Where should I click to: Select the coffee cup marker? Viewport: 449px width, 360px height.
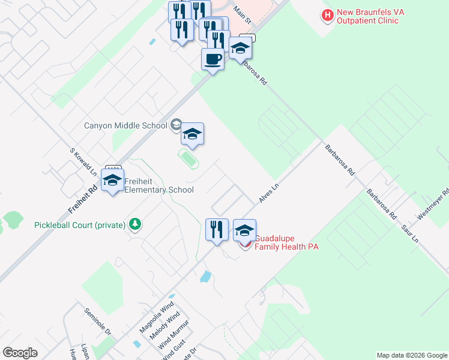(x=212, y=60)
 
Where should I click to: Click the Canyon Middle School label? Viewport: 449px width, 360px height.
(x=125, y=126)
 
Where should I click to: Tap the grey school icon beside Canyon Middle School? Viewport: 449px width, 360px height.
(x=176, y=125)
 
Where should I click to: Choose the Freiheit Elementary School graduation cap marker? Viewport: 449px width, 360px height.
(x=112, y=181)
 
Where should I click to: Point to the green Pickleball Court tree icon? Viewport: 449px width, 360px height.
(x=136, y=224)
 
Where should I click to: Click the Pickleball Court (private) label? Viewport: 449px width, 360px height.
(x=80, y=225)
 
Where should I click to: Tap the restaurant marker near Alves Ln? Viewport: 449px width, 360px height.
(x=217, y=230)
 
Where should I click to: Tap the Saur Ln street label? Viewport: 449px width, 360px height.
(x=409, y=231)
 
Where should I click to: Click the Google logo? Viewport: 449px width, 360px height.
(x=20, y=353)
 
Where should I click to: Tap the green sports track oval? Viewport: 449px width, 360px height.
(x=188, y=159)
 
